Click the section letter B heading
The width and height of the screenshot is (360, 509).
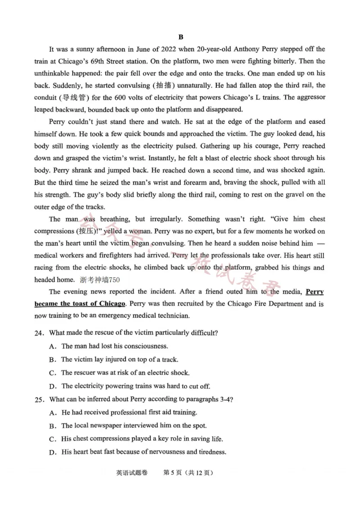coord(180,37)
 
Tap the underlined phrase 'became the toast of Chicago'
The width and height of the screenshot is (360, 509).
coord(80,304)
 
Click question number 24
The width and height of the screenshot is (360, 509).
coord(40,333)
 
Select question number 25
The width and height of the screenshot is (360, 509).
coord(40,399)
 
